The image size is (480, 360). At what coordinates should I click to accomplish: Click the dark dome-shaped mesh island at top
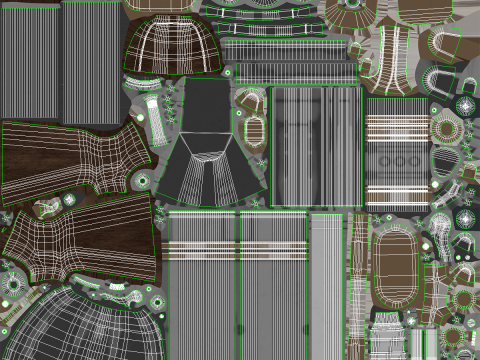click(171, 45)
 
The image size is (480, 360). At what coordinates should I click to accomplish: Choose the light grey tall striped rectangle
click(325, 285)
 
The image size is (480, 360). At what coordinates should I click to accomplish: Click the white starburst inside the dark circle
click(466, 104)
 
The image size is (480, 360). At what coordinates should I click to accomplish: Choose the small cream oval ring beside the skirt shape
click(255, 129)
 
